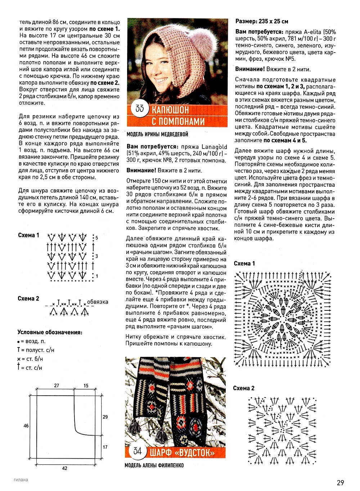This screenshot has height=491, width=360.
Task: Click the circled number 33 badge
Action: click(139, 108)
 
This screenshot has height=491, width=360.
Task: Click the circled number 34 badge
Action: click(137, 451)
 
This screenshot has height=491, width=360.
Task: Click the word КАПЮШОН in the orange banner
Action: click(170, 110)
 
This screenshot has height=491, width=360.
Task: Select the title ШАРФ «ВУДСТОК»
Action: click(182, 452)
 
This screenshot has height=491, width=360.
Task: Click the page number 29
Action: click(341, 483)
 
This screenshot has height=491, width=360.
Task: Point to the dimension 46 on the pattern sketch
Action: click(26, 426)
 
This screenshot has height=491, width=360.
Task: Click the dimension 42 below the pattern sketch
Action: click(65, 468)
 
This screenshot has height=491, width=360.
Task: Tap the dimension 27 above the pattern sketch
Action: click(57, 386)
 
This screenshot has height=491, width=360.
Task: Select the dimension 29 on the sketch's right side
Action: click(105, 417)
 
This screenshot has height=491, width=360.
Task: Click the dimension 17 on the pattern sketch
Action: click(105, 447)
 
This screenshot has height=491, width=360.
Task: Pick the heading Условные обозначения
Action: click(50, 332)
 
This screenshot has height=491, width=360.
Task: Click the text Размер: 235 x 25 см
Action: click(262, 21)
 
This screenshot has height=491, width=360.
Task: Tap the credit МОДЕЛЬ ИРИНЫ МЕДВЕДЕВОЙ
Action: click(157, 135)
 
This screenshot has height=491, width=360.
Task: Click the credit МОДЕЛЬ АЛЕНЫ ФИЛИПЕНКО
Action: click(154, 465)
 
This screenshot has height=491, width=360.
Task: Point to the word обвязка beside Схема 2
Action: click(98, 302)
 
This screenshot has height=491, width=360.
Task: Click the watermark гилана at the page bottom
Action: click(21, 479)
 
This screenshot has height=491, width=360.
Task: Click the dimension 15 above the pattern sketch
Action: click(86, 386)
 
